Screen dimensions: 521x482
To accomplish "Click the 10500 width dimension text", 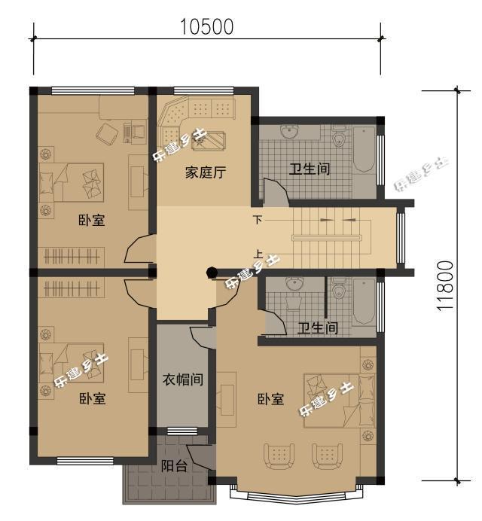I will tap(206, 26).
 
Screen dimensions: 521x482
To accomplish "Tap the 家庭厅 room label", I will tap(206, 172).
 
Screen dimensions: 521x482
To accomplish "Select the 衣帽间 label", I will tap(183, 379).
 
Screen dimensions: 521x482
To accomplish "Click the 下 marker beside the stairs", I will tap(258, 220).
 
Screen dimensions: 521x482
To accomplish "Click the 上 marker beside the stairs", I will tap(258, 254).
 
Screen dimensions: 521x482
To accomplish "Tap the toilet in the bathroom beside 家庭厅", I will tap(338, 138).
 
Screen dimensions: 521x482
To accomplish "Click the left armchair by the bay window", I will tap(279, 455).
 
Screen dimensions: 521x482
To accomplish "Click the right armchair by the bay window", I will tap(327, 455).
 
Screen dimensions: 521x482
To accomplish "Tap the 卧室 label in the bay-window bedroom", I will tap(270, 399).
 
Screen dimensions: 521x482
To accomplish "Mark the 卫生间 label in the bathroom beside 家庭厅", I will tap(310, 169).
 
